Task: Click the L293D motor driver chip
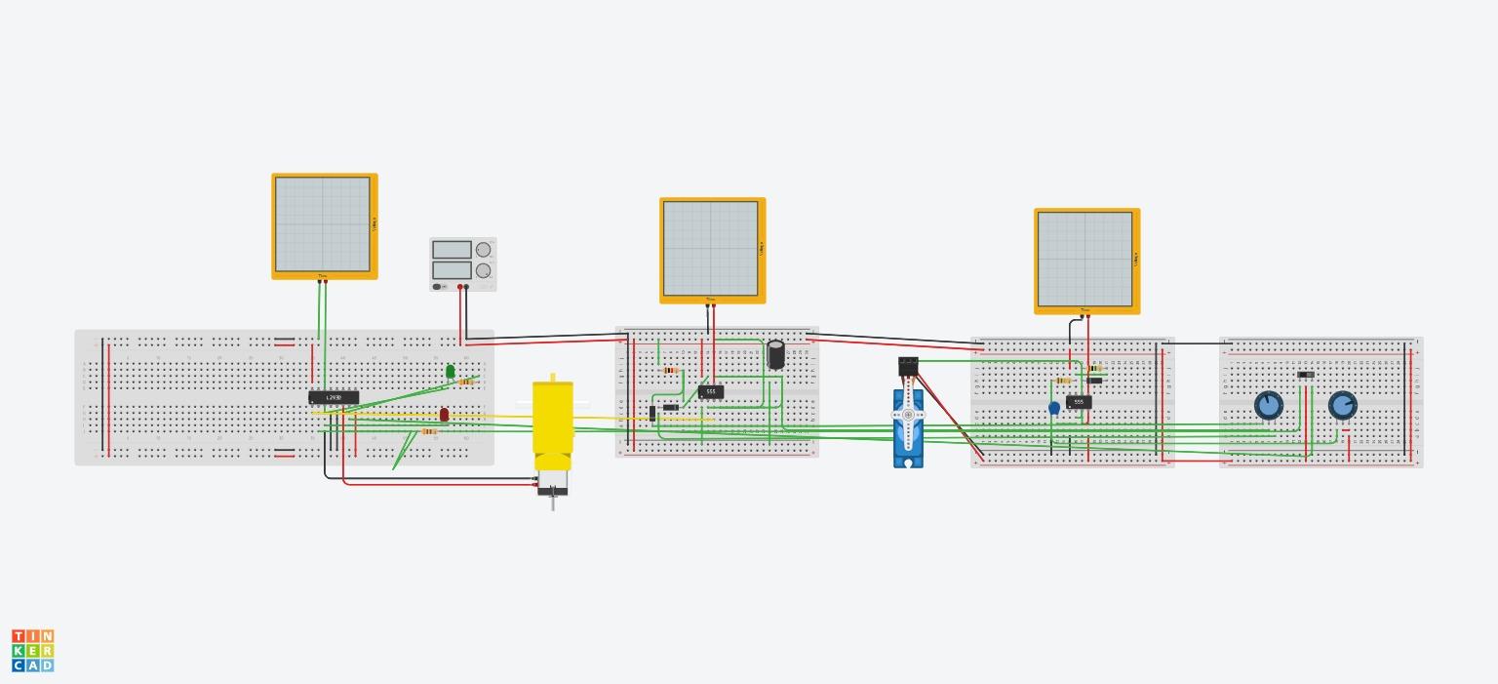[334, 397]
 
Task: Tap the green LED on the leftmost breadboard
[450, 371]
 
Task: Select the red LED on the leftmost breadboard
[444, 415]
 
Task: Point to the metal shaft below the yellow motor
[553, 503]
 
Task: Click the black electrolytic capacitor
[776, 353]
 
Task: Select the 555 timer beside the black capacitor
[711, 391]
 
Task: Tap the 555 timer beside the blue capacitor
[1079, 402]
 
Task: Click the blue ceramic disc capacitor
[1054, 409]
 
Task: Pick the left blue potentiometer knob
[1268, 405]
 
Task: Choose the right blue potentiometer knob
[1342, 405]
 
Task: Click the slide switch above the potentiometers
[1306, 375]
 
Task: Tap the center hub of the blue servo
[908, 415]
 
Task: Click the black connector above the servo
[908, 366]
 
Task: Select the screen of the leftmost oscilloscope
[323, 224]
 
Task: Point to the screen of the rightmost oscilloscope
[1085, 259]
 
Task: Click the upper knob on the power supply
[483, 251]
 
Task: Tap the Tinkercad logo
[33, 650]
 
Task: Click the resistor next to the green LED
[466, 382]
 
